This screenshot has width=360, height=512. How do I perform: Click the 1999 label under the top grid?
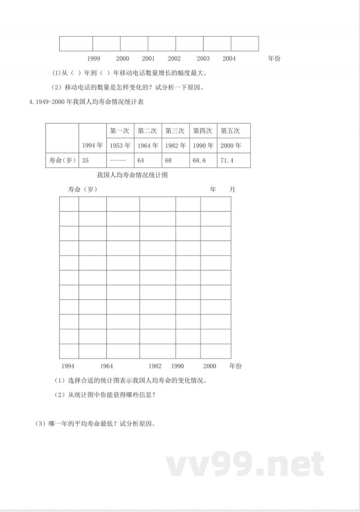point(94,59)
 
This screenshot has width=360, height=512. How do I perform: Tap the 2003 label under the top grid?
point(203,59)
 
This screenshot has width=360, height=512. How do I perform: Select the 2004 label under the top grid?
point(229,59)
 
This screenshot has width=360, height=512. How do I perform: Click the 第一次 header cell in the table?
point(119,131)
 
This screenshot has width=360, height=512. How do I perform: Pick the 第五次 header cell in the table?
point(230,131)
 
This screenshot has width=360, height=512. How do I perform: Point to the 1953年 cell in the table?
point(120,145)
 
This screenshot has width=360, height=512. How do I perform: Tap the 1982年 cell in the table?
point(175,145)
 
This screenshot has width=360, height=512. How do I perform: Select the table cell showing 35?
point(85,160)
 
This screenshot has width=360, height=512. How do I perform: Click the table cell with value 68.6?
point(199,160)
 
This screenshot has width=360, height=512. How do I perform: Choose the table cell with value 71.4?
point(227,160)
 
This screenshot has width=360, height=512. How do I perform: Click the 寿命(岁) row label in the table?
point(62,160)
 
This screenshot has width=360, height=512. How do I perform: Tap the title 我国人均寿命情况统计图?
point(132,175)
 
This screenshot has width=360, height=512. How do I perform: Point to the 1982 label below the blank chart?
point(155,366)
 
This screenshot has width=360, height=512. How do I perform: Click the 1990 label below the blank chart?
point(177,366)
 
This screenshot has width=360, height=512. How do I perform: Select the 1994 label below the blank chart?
point(68,366)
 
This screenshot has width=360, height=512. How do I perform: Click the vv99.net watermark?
point(245,465)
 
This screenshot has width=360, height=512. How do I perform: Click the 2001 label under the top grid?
point(148,59)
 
